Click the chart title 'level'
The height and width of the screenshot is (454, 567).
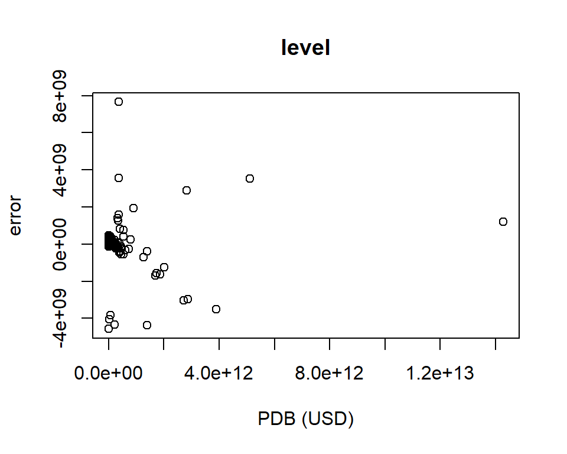pos(305,48)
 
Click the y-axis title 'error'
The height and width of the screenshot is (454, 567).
pos(15,216)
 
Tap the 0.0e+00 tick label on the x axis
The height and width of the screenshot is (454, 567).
pos(109,374)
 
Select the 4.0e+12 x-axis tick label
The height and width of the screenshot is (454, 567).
pos(219,374)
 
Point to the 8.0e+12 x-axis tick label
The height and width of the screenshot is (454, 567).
pos(330,374)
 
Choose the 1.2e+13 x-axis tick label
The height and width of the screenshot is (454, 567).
pos(440,374)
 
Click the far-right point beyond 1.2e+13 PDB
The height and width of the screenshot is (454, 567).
pos(503,222)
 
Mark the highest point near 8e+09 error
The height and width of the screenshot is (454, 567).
pos(119,102)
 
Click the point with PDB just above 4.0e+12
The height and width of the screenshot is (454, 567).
pos(250,179)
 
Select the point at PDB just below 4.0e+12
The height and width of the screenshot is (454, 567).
pos(216,309)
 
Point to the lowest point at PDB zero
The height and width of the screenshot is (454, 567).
pos(109,329)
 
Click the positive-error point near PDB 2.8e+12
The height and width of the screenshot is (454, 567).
pos(187,190)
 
